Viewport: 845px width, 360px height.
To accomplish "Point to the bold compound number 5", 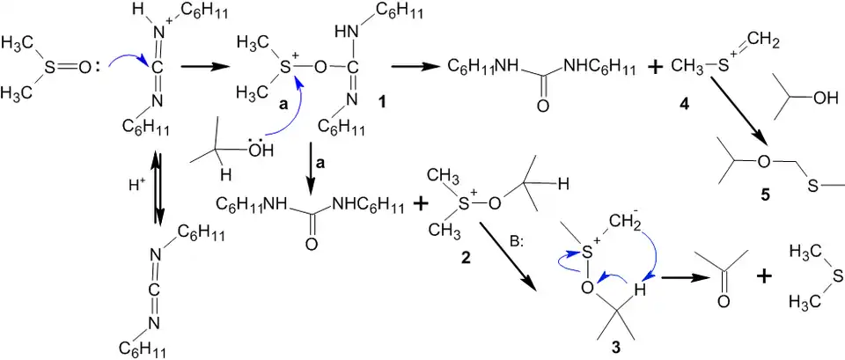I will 765,195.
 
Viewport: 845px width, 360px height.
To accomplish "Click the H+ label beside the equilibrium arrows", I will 135,187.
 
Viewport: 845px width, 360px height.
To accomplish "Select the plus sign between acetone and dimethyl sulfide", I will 764,276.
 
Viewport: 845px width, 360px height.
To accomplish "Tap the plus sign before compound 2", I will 421,204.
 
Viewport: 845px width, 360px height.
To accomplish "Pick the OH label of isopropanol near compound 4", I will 819,97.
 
